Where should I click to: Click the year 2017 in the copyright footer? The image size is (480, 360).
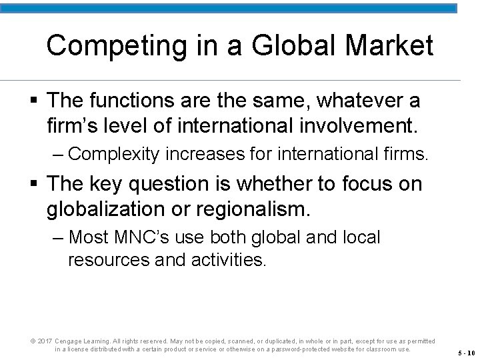pos(45,341)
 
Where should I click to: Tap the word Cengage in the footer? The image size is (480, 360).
pos(69,341)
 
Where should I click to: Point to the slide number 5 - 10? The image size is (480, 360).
pos(466,353)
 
